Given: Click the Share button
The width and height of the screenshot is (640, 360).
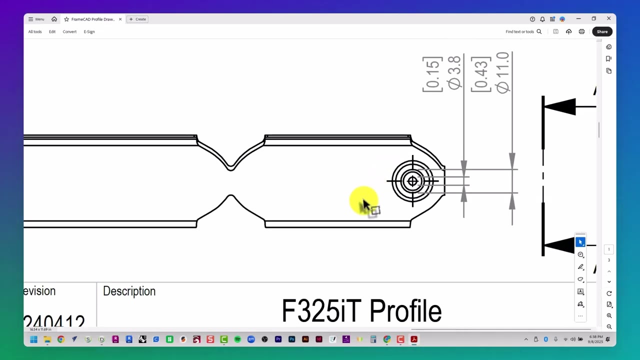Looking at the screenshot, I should [x=602, y=31].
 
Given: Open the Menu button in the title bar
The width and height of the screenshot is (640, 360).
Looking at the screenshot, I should [x=36, y=19].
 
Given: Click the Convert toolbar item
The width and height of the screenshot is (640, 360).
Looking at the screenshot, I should [x=69, y=31].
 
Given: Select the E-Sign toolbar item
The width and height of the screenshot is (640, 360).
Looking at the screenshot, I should [x=89, y=31].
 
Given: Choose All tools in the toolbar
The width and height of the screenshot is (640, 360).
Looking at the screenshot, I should [x=35, y=31].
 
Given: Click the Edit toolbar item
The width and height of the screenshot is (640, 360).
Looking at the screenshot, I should [x=52, y=31].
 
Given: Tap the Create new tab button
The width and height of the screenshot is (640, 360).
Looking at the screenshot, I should [x=137, y=19].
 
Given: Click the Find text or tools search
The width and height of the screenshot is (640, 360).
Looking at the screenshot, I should [x=523, y=31].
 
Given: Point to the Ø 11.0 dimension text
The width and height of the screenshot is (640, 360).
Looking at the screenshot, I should [x=503, y=72].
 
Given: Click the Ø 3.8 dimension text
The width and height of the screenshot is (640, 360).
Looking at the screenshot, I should [x=454, y=73].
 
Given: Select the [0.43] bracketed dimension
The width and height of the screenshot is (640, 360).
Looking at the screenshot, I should [x=481, y=74].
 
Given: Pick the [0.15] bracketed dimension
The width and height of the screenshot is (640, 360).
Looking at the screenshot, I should [x=432, y=74].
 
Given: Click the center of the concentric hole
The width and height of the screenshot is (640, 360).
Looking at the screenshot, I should [x=412, y=181].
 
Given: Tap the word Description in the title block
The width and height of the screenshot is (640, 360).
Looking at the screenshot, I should [x=129, y=291].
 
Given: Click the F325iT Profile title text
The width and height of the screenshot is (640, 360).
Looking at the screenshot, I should [x=361, y=311].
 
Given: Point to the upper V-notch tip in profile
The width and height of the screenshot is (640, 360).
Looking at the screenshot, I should [x=230, y=168].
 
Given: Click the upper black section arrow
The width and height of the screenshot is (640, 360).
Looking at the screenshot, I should [x=560, y=106].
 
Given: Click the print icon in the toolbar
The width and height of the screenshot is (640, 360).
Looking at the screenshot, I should [x=581, y=31].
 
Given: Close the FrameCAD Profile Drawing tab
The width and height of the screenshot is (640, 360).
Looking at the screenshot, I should [x=120, y=19].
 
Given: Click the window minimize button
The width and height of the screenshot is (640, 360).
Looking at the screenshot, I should [x=578, y=19].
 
